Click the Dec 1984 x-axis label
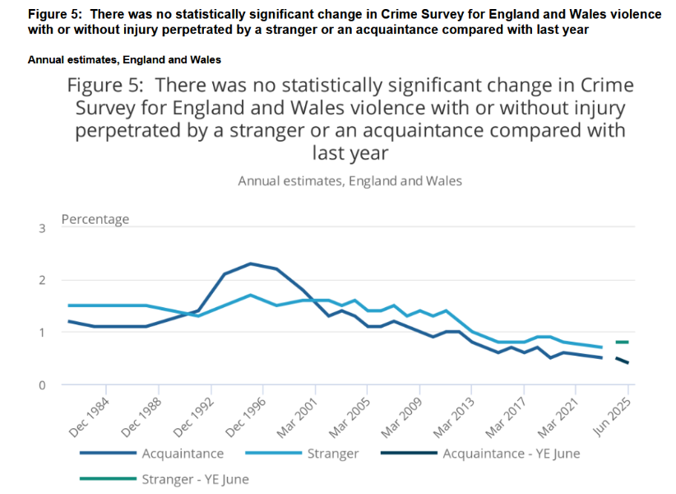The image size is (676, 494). (89, 417)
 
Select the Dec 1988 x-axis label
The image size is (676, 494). (141, 417)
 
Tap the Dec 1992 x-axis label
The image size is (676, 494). (193, 417)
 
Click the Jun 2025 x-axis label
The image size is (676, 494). (613, 417)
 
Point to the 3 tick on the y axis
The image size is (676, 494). (42, 227)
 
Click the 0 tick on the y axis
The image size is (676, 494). (42, 384)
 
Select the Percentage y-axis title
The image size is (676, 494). (95, 219)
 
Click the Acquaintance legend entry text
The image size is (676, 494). (183, 453)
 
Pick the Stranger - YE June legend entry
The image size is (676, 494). (195, 478)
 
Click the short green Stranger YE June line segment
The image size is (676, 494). (622, 342)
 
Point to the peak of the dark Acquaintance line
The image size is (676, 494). (250, 263)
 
